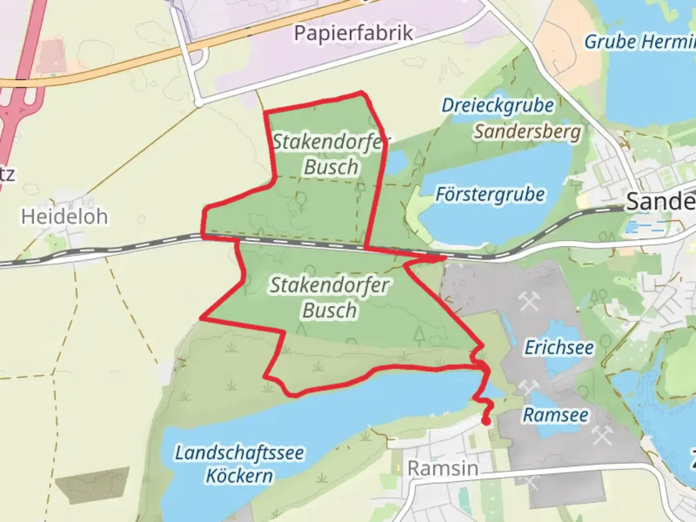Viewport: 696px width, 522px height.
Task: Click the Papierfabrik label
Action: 353,33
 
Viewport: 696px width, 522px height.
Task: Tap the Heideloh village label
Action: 64,217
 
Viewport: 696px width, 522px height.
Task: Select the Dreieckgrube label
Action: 497,105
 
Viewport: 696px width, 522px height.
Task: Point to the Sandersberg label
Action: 527,131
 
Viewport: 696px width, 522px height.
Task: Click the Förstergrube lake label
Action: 490,194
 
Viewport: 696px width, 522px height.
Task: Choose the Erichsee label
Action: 559,347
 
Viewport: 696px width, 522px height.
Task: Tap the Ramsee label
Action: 556,415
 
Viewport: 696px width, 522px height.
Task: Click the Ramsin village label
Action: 443,468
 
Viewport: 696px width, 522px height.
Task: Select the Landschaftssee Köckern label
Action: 240,464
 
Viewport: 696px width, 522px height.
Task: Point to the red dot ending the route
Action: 486,422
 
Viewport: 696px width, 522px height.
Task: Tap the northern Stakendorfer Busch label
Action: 331,154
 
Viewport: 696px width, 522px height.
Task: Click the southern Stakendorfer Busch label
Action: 330,297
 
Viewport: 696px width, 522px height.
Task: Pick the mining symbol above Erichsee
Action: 529,302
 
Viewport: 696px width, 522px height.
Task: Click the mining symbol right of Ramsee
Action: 602,436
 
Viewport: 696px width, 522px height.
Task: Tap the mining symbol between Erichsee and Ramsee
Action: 528,387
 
